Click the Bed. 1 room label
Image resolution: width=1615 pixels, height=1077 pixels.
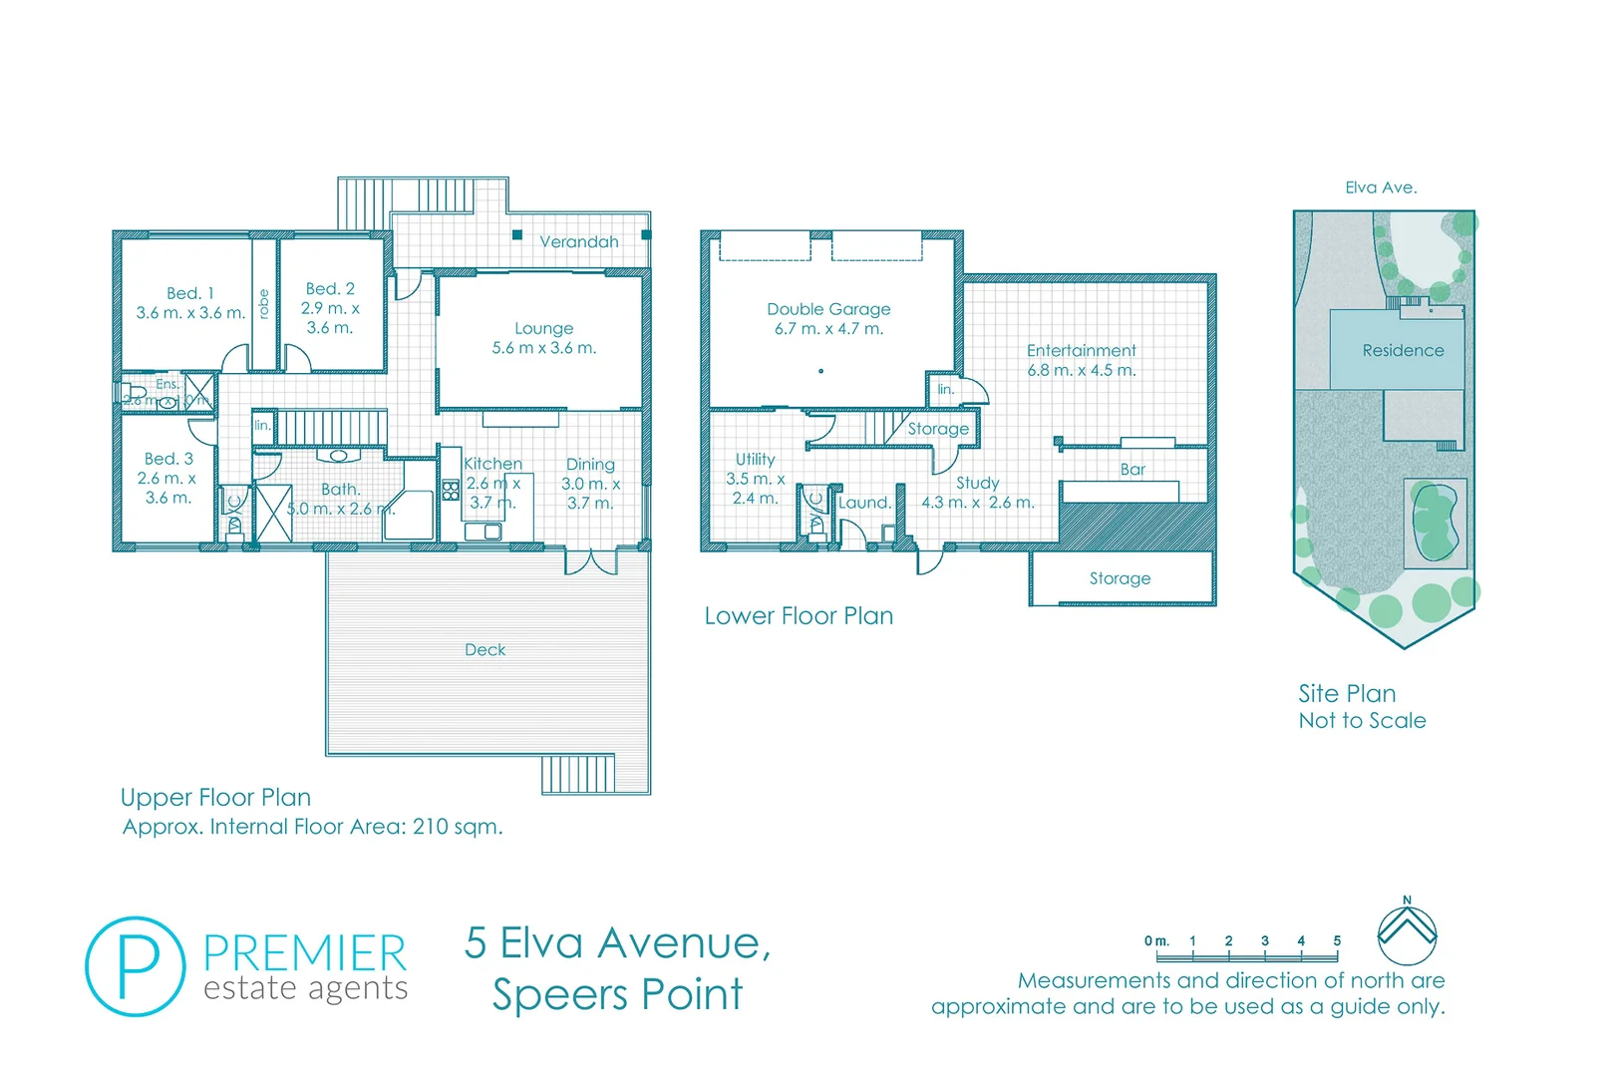pyautogui.click(x=190, y=293)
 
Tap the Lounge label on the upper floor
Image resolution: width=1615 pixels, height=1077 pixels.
pyautogui.click(x=543, y=328)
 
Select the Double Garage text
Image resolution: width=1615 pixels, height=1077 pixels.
pyautogui.click(x=828, y=309)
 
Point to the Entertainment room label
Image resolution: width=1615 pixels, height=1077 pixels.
pyautogui.click(x=1081, y=351)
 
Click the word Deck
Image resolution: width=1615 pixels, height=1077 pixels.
pyautogui.click(x=485, y=650)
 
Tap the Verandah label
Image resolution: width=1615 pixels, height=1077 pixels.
pyautogui.click(x=578, y=242)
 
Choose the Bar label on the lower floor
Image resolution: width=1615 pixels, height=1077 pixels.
pyautogui.click(x=1132, y=470)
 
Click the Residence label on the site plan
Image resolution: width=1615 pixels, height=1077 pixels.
pyautogui.click(x=1403, y=351)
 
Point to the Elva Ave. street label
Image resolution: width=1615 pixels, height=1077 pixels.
pyautogui.click(x=1381, y=187)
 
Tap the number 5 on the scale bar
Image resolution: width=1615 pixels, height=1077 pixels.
pyautogui.click(x=1337, y=941)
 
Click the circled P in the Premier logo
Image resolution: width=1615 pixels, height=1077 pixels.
pyautogui.click(x=136, y=966)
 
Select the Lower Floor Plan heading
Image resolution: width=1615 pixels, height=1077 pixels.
pyautogui.click(x=799, y=616)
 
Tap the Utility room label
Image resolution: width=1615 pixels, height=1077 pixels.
pyautogui.click(x=755, y=460)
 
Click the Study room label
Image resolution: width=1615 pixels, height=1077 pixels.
pyautogui.click(x=977, y=483)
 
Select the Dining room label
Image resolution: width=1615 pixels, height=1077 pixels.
pyautogui.click(x=590, y=465)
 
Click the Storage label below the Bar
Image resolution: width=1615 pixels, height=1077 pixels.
pyautogui.click(x=1120, y=578)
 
